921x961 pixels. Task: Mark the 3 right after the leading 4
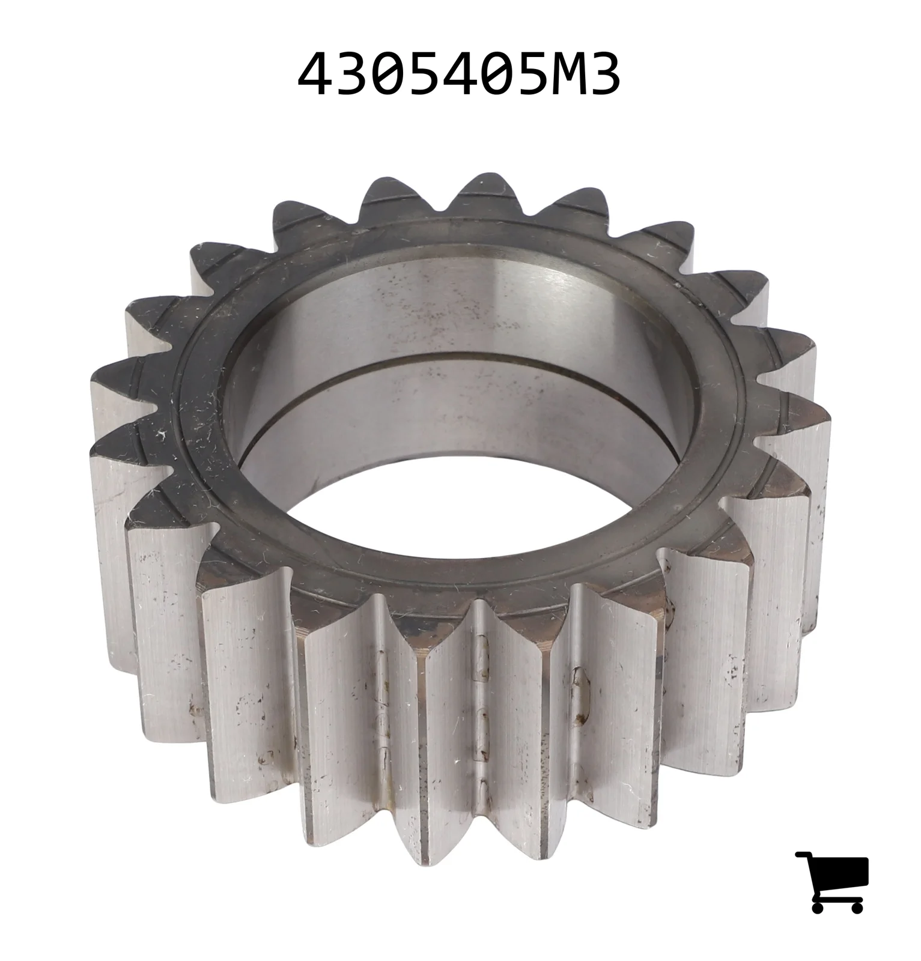pos(351,74)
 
